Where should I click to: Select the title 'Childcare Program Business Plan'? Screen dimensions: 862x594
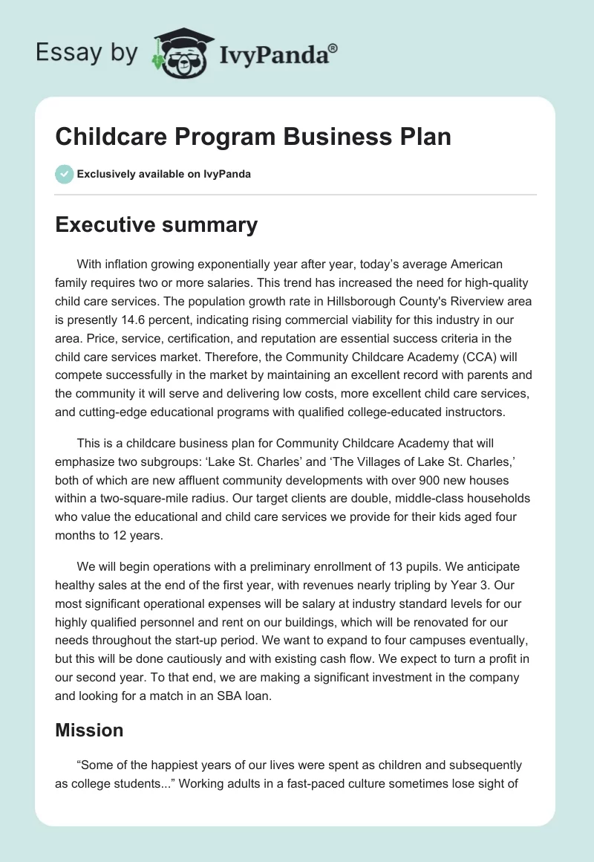[253, 137]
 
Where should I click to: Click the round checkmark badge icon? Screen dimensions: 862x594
[64, 174]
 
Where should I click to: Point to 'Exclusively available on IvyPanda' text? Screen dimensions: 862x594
[163, 175]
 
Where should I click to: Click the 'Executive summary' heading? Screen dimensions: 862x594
[157, 224]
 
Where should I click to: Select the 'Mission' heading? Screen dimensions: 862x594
[89, 730]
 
